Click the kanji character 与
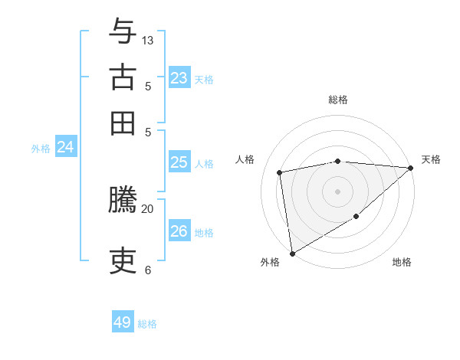point(123,31)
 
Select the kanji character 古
point(123,77)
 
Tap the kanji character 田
point(123,123)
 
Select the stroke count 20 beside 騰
point(148,208)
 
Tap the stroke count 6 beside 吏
point(147,270)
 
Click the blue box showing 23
point(179,78)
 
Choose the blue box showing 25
point(179,162)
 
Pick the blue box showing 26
point(179,231)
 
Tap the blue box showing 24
point(65,147)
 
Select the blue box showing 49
point(123,322)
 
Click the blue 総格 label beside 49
point(147,324)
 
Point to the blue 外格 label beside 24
point(41,149)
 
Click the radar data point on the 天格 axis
point(410,169)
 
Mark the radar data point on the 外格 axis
point(292,253)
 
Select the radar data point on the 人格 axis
point(280,172)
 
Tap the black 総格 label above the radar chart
point(338,100)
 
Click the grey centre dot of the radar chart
point(337,190)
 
